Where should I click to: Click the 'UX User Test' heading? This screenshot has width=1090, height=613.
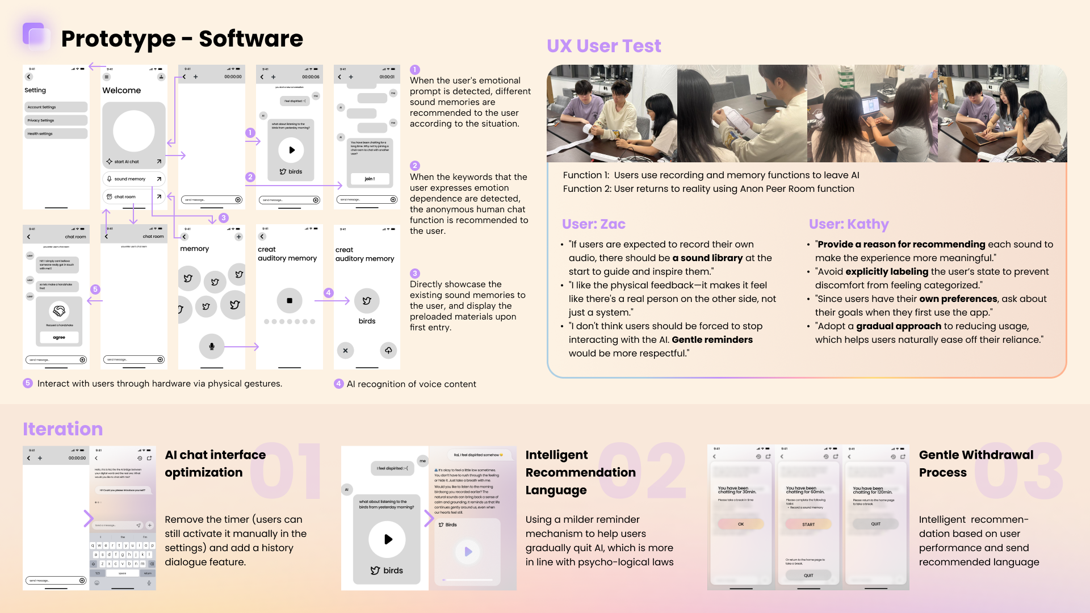[603, 46]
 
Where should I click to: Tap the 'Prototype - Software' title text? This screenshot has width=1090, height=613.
[182, 39]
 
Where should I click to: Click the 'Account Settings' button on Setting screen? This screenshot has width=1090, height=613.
[56, 107]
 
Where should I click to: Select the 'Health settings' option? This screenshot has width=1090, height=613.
[56, 133]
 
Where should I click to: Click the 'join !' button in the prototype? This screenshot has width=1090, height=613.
[370, 179]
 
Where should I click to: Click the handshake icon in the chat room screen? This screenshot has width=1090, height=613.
[59, 310]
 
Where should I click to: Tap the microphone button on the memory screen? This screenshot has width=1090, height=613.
[212, 346]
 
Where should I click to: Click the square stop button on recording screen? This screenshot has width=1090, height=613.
[290, 300]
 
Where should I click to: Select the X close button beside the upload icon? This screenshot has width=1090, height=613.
[345, 351]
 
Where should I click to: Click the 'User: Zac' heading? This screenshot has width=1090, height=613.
[593, 224]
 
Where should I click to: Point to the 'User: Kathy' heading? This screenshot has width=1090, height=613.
[848, 224]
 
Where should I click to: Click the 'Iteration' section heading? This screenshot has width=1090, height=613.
[62, 429]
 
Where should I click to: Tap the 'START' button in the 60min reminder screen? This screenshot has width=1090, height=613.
[808, 524]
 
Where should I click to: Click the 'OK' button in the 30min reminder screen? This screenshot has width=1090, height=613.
[741, 524]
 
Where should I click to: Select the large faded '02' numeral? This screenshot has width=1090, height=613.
[642, 471]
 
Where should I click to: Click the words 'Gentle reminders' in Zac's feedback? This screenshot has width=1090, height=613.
[712, 339]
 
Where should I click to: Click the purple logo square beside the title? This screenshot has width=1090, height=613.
[35, 35]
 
